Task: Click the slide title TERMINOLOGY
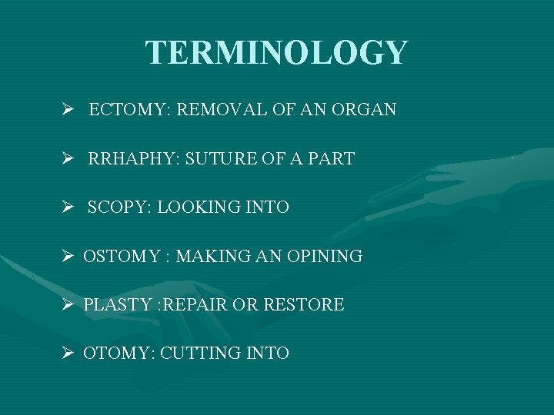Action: click(276, 53)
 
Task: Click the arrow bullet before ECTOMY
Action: click(68, 110)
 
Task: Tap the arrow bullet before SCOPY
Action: click(68, 207)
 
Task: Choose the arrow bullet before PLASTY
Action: click(68, 305)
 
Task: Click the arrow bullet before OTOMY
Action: click(68, 354)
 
